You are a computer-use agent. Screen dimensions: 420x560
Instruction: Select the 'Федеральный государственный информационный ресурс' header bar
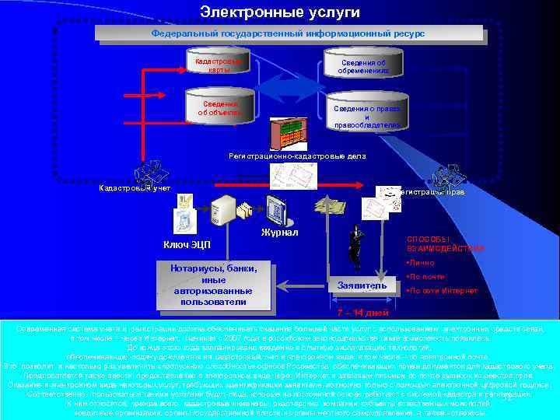[288, 33]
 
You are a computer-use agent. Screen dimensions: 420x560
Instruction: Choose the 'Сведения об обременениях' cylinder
[363, 67]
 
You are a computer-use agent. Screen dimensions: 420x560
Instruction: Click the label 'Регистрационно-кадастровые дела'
[297, 156]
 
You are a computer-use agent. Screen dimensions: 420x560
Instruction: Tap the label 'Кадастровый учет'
[135, 188]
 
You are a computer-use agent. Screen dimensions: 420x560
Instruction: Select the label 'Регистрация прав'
[431, 191]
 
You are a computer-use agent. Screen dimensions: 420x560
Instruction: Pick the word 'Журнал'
[277, 232]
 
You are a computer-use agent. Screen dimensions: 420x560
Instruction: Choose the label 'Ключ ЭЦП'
[186, 246]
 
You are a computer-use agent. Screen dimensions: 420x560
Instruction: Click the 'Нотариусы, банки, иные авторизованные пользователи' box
[213, 285]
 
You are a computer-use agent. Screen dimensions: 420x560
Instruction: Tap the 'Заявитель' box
[360, 286]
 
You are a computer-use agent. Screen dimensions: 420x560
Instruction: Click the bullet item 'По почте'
[426, 276]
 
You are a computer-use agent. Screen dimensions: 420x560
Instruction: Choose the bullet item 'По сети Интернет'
[441, 291]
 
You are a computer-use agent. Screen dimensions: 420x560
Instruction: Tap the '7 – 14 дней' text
[362, 313]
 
